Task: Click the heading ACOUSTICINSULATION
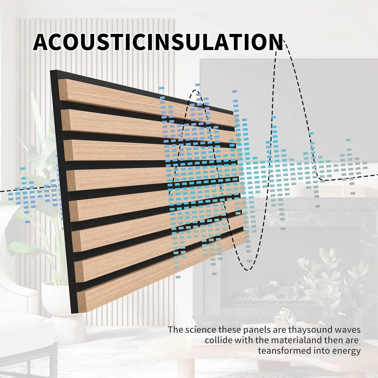click(158, 42)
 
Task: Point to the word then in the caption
click(333, 340)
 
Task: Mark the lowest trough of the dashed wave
click(247, 269)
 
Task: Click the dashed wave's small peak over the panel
click(195, 91)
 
